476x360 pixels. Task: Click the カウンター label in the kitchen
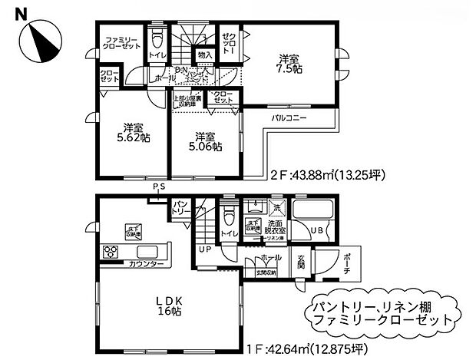point(145,264)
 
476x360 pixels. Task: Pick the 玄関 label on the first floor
point(301,262)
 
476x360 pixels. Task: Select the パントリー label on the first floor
point(181,206)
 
